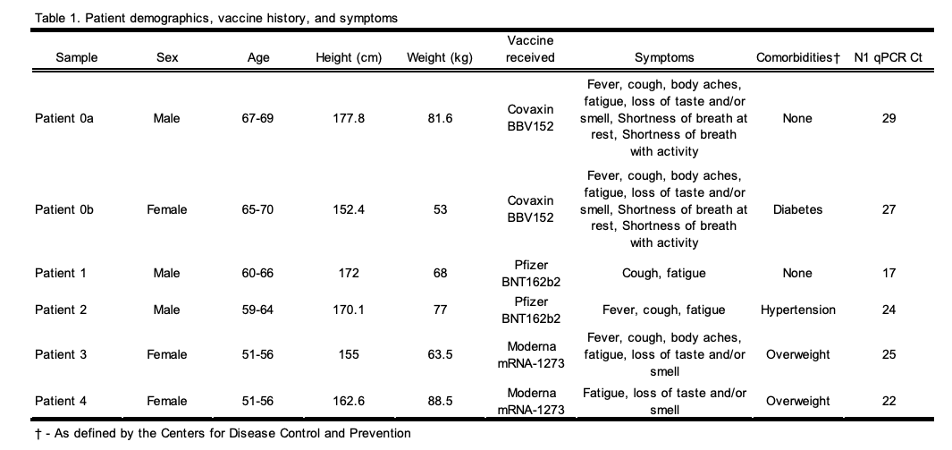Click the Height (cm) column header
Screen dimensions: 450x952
pos(349,58)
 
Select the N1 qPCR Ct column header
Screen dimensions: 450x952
pos(889,58)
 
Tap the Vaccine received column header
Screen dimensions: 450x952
pos(530,50)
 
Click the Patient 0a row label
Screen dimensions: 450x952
pos(64,118)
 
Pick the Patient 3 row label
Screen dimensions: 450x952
pos(61,354)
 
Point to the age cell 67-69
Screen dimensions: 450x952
pos(257,118)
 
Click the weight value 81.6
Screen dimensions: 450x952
pos(440,118)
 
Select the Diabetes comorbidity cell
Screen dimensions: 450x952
pos(797,209)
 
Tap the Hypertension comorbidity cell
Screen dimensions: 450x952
pos(797,310)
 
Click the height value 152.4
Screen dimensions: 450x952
pos(349,209)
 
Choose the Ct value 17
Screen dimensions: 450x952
pos(889,273)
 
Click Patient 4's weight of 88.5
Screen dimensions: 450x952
pos(440,401)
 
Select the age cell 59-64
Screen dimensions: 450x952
pos(257,310)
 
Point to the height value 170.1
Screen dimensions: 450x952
pos(349,310)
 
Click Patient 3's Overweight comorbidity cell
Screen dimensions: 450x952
pos(797,354)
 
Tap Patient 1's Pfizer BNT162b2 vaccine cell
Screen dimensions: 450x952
pos(530,273)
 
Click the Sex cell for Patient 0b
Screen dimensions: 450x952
pos(167,209)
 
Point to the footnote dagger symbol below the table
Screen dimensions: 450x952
pos(36,434)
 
